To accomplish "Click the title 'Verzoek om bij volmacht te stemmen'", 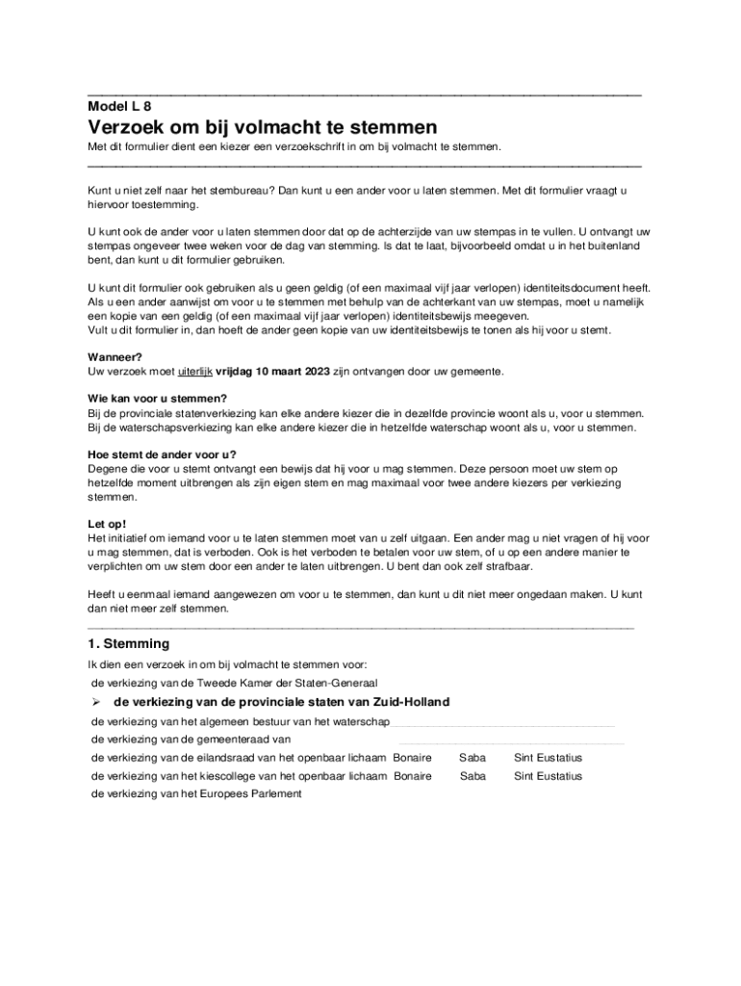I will tap(263, 128).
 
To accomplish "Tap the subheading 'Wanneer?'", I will tap(115, 356).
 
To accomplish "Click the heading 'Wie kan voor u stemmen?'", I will tap(157, 399).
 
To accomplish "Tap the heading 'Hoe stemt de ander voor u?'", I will tap(162, 454).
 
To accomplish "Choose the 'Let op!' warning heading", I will tap(107, 524).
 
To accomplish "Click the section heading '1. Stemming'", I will tap(128, 643).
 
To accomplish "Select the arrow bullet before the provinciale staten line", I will tap(97, 702).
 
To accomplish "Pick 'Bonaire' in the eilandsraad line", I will tap(412, 758).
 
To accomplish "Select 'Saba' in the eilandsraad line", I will tap(473, 758).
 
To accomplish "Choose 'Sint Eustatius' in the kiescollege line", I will tap(548, 775).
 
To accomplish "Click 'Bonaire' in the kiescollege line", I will tap(412, 775).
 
